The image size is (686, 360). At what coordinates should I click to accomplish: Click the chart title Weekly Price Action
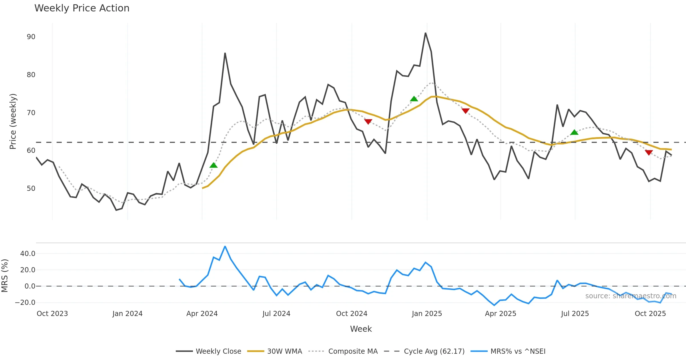(82, 8)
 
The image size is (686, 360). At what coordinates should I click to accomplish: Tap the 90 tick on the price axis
(31, 37)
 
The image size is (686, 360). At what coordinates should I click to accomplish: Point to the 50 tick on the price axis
(31, 189)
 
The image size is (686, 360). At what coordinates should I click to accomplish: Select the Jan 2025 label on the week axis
(427, 314)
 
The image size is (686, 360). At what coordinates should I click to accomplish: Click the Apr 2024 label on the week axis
(202, 314)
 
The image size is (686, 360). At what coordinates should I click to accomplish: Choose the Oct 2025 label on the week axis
(650, 314)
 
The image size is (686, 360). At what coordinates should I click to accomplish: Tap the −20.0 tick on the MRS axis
(25, 303)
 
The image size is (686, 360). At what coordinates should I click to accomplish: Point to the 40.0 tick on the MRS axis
(27, 254)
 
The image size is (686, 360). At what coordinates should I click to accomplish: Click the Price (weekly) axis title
(13, 121)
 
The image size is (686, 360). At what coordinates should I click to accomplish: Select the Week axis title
(361, 329)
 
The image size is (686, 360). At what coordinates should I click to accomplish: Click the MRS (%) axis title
(5, 276)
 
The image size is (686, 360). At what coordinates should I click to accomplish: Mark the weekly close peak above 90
(425, 33)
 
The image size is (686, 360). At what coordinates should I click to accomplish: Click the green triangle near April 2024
(213, 165)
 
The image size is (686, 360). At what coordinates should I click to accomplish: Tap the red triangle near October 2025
(649, 153)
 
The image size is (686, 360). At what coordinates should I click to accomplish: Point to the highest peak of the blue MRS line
(225, 246)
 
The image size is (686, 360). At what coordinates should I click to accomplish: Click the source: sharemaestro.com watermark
(631, 296)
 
